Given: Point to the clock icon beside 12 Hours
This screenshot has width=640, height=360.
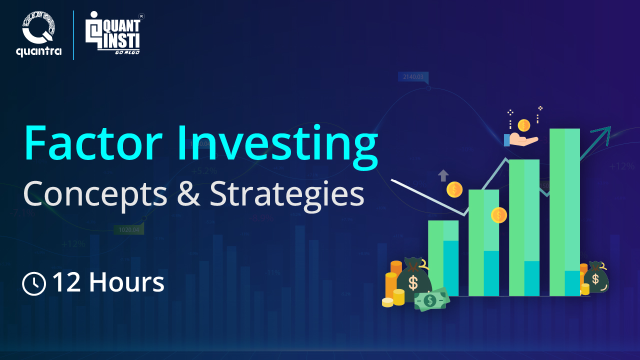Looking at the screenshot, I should (x=34, y=283).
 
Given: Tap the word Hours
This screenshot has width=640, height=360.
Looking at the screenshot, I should (x=127, y=282).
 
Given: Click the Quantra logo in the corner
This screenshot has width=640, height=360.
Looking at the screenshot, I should (x=38, y=35).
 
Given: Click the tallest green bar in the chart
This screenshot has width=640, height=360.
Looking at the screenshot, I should (x=564, y=210).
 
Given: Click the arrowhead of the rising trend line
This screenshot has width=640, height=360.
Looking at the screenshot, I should (x=603, y=132).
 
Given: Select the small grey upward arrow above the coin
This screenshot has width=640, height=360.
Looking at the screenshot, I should (x=443, y=175).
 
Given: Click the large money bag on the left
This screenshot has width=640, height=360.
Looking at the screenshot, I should (x=413, y=280).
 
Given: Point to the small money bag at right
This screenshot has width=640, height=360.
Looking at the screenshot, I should (x=595, y=277).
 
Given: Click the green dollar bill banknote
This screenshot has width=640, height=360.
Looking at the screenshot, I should (x=430, y=300).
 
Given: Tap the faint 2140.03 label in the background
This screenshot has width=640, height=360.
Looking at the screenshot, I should (x=413, y=77).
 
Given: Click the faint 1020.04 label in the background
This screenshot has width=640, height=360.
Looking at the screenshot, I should (x=129, y=230).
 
